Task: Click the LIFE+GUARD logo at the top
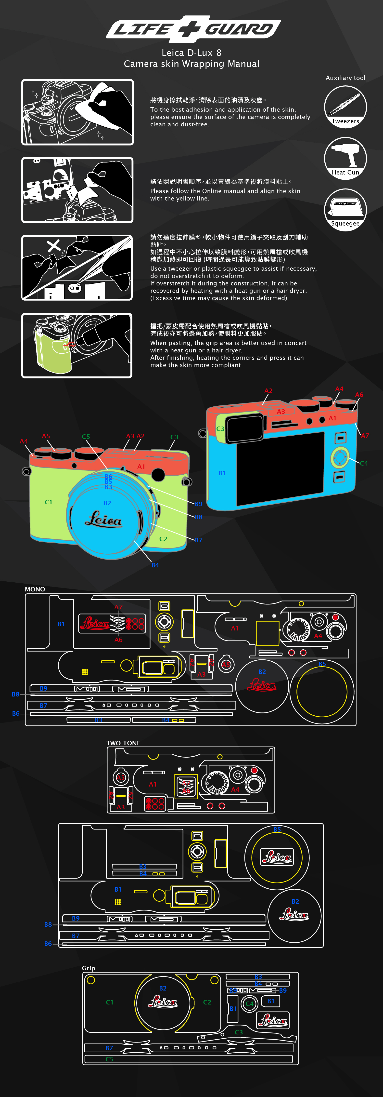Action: (x=193, y=29)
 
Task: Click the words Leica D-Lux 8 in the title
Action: (x=191, y=53)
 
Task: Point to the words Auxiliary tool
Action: (x=345, y=78)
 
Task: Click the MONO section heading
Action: (x=35, y=589)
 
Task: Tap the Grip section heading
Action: (x=89, y=968)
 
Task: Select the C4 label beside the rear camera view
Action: (x=364, y=463)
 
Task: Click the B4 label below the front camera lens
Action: (x=155, y=565)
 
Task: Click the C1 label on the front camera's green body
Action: (x=49, y=502)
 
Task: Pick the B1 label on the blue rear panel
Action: (x=222, y=473)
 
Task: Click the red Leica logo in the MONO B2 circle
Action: (x=262, y=685)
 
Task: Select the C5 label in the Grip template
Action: (x=109, y=1059)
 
